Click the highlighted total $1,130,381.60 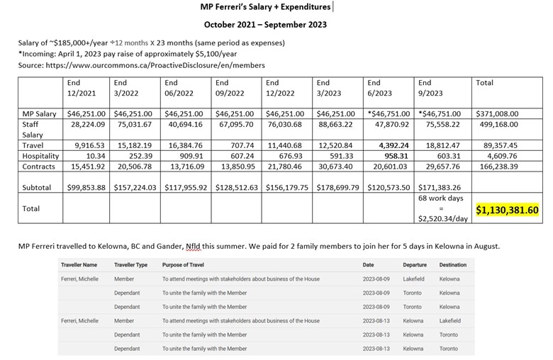(508, 210)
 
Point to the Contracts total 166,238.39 (500, 166)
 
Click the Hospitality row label (40, 155)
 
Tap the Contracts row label (40, 166)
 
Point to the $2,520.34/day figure (443, 219)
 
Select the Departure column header (415, 265)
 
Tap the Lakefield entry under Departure (413, 279)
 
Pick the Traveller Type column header (130, 265)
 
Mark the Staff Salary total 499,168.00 (499, 123)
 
